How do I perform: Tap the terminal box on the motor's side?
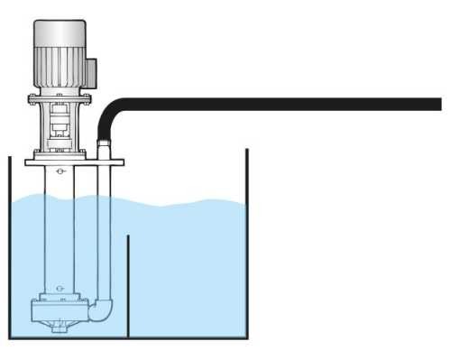(x=90, y=67)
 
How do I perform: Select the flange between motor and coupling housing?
(x=60, y=97)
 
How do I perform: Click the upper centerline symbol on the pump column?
(x=60, y=171)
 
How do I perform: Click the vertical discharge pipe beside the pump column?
(x=106, y=235)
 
